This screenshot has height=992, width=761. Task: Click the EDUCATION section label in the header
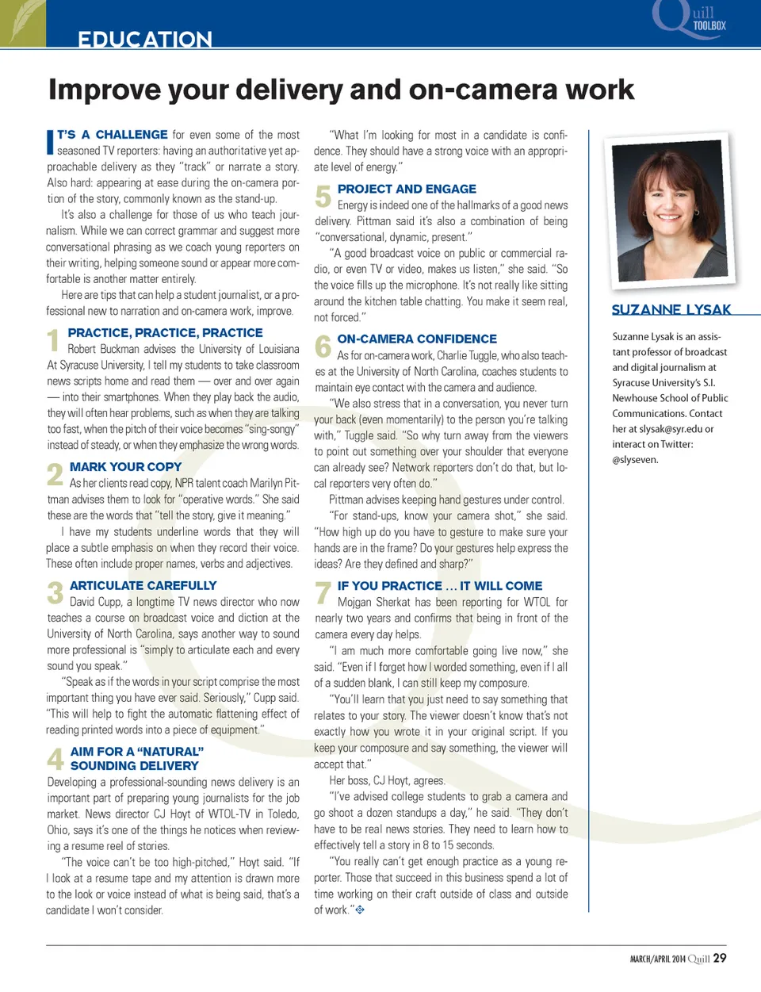coord(144,39)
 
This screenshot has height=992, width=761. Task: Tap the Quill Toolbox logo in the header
coord(689,19)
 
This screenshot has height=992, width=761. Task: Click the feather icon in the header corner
coord(22,22)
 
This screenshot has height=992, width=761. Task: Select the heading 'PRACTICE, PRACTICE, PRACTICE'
coord(165,333)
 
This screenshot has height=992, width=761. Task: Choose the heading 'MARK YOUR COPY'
coord(125,467)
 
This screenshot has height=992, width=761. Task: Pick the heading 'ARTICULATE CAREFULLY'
coord(143,586)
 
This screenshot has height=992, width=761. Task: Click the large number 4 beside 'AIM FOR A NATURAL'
coord(55,759)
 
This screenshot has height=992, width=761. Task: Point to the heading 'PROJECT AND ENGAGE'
coord(407,189)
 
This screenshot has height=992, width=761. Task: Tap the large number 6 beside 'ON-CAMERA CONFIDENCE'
coord(323,347)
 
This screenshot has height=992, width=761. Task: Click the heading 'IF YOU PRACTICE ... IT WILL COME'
coord(439,586)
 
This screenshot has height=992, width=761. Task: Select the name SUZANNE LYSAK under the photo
coord(671,309)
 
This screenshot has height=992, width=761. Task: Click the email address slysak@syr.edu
coord(671,429)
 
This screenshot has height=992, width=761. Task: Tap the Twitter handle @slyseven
coord(635,460)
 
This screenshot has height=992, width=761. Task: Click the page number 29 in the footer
coord(719,958)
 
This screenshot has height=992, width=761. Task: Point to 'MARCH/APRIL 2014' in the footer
coord(657,959)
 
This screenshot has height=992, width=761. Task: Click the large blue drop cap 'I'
coord(50,141)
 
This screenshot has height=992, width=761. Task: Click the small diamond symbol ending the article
coord(360,910)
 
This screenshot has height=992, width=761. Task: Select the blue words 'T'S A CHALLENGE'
coord(112,135)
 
